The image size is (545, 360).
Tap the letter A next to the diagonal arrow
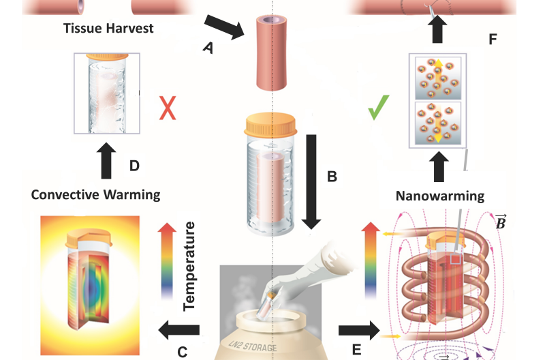(208, 48)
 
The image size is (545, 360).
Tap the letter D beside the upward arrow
(134, 166)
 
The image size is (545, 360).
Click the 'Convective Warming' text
(95, 195)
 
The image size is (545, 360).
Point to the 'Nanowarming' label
(439, 196)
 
